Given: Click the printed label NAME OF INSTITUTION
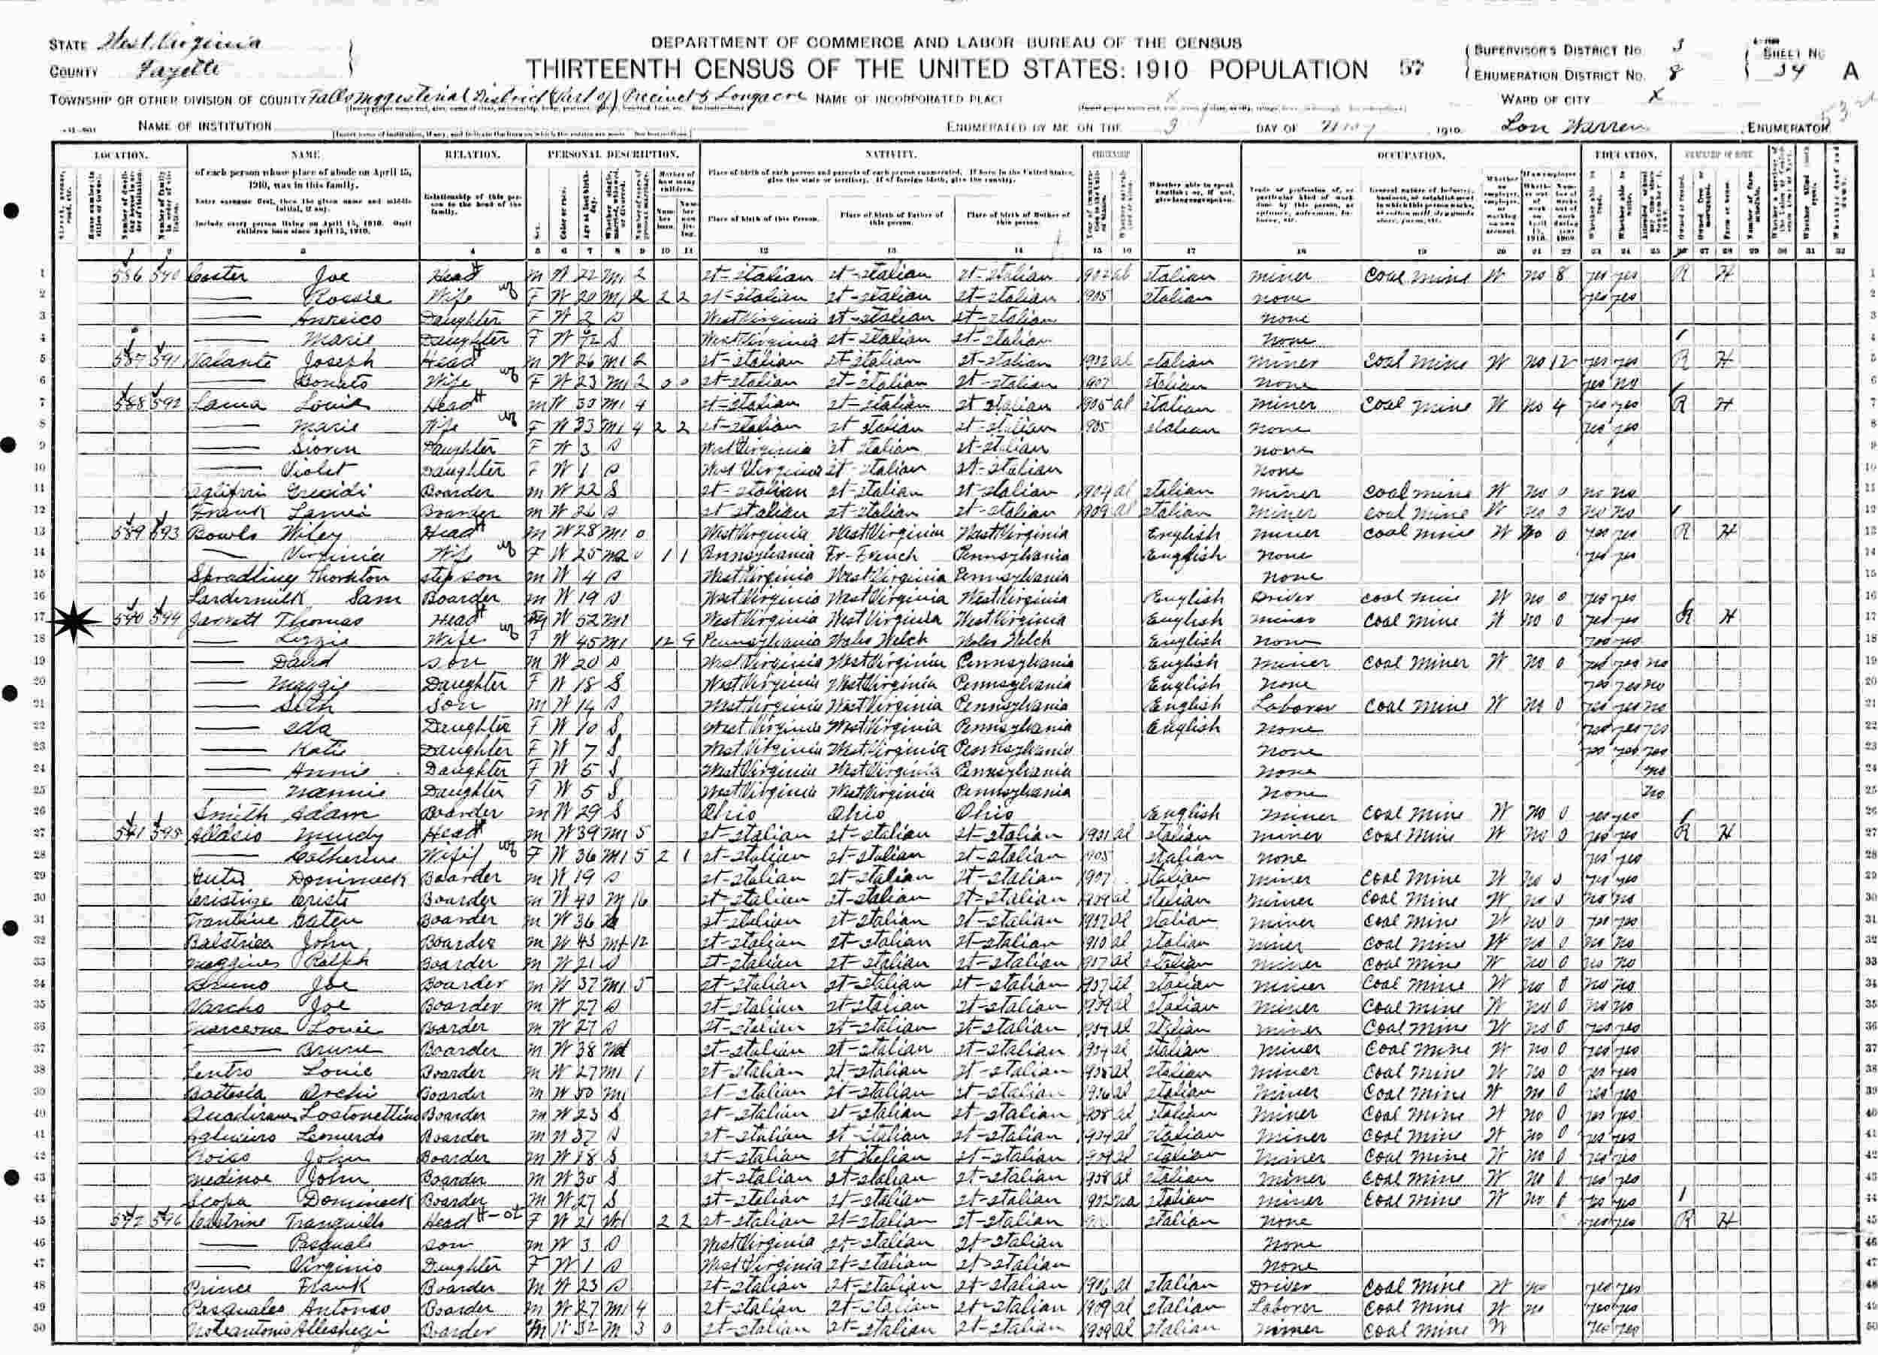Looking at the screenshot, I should tap(204, 127).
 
